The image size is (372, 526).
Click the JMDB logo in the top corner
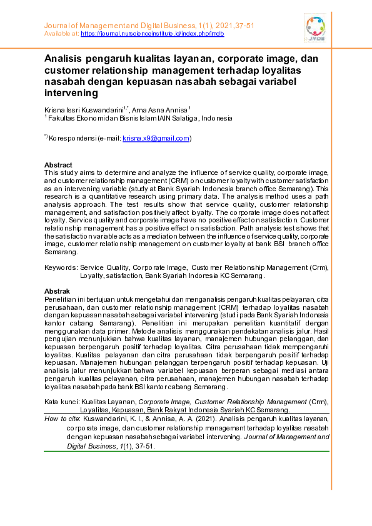coord(315,28)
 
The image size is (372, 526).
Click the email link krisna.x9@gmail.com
coord(156,138)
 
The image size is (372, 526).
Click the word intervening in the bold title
coord(71,94)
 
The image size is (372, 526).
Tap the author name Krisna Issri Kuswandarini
coord(83,109)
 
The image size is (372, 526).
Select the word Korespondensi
coord(71,138)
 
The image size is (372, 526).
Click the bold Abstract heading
coord(58,165)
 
